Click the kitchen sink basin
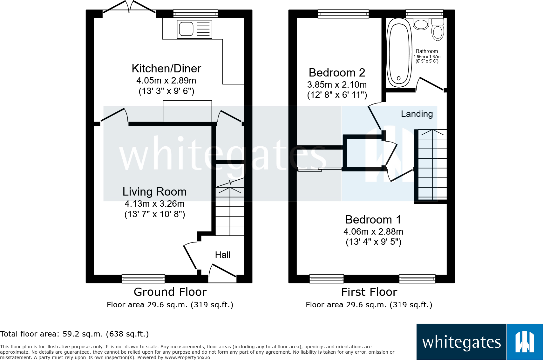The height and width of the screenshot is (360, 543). point(186,29)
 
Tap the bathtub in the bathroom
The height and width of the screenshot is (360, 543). point(399,52)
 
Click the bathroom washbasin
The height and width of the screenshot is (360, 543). point(421,24)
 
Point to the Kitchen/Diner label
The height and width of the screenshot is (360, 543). point(166,69)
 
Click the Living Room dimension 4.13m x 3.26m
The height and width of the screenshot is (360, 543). point(154,204)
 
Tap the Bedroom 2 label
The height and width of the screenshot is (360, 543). point(337,73)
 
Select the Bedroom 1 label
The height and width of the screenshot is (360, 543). point(373,220)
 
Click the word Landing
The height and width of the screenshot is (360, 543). point(417,114)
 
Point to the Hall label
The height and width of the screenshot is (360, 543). point(222,255)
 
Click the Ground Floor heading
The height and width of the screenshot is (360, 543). point(170,292)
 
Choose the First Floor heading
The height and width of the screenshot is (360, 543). point(369,292)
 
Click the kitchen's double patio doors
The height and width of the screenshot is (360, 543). point(129,8)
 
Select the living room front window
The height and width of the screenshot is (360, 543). point(143,279)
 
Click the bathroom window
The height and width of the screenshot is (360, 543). point(424,13)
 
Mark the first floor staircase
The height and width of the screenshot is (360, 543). point(432,165)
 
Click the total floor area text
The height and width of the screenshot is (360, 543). point(74,334)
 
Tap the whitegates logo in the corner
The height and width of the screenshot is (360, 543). point(479,342)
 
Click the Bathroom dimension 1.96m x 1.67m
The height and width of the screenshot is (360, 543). point(427,57)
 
